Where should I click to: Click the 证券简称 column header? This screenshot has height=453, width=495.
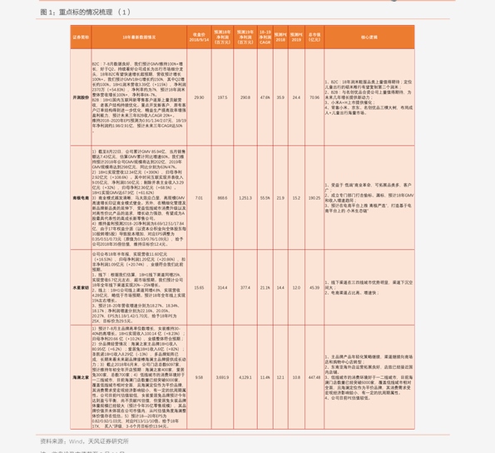tap(81, 37)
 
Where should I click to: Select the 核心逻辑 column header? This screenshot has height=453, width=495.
tap(369, 37)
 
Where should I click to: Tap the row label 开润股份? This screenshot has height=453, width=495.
tap(81, 97)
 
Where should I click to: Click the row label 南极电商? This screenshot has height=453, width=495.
tap(81, 198)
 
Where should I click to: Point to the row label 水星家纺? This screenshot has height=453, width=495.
tap(81, 287)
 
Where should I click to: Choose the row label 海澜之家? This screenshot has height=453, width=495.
tap(81, 377)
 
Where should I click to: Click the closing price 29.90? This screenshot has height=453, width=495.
tap(199, 97)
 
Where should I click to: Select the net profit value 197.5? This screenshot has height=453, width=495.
tap(222, 97)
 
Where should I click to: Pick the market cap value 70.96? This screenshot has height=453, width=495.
tap(314, 97)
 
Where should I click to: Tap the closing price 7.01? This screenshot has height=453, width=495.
tap(199, 198)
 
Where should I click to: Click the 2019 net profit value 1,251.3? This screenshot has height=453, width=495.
tap(245, 198)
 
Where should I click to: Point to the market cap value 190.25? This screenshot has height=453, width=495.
tap(314, 198)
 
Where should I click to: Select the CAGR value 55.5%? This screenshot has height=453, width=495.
tap(265, 198)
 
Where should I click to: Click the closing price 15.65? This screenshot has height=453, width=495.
tap(199, 287)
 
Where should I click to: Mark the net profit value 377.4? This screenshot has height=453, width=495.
tap(245, 287)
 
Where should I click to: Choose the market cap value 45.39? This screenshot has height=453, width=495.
tap(314, 287)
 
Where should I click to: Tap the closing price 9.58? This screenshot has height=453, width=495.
tap(199, 377)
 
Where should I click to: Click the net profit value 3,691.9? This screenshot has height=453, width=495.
tap(222, 377)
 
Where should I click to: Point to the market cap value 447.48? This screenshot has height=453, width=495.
tap(314, 377)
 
